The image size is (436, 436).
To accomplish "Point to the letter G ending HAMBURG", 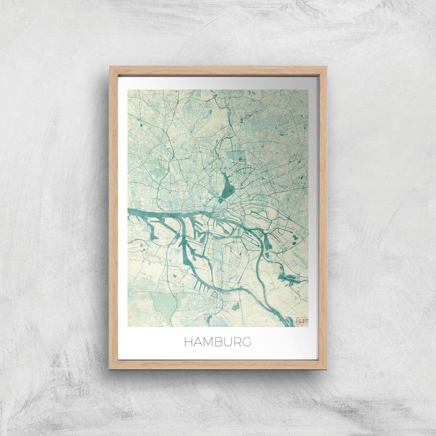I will click(x=246, y=342).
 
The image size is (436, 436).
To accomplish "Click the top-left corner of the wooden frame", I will click(x=110, y=66).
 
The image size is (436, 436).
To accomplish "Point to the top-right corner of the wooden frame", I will click(x=326, y=66).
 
